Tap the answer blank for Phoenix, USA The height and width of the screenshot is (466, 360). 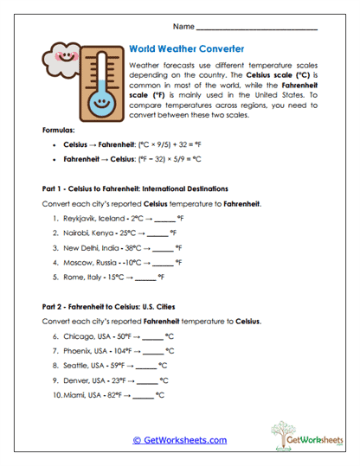point(153,351)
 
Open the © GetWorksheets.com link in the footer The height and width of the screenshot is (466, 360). point(179,440)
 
